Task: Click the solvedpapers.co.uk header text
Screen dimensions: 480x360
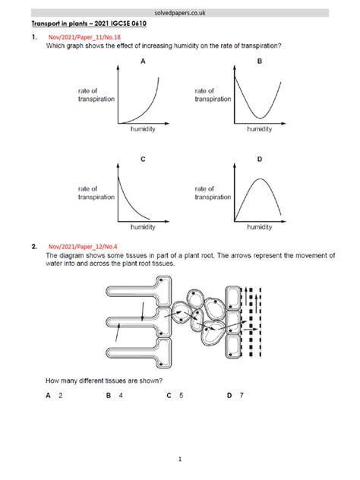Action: point(180,13)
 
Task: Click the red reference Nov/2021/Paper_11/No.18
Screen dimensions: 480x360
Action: point(85,36)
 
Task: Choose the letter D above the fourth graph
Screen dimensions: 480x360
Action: point(260,159)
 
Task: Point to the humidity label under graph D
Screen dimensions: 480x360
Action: point(260,226)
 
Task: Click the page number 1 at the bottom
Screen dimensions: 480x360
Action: point(180,459)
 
